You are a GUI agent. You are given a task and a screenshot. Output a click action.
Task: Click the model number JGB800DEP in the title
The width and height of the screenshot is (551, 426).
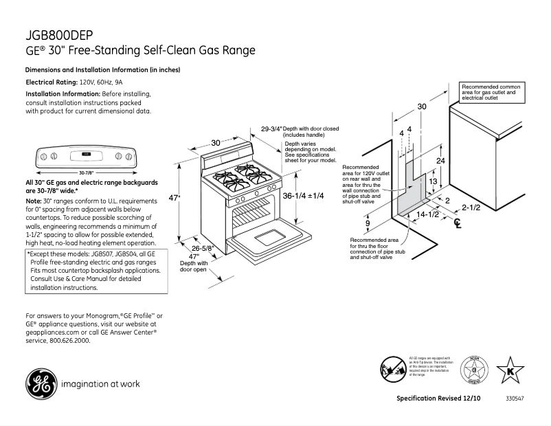(59, 35)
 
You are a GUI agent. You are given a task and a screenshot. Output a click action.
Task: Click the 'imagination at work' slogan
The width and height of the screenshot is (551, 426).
(100, 384)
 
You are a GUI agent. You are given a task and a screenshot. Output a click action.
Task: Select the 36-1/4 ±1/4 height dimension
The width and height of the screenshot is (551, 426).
(303, 196)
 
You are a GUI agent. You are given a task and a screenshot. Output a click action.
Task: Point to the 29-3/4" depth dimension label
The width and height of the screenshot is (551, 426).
(271, 128)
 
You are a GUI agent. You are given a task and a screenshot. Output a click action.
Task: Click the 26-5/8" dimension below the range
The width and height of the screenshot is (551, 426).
(203, 247)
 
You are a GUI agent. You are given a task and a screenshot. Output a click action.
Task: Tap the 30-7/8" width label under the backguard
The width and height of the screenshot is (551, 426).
(85, 172)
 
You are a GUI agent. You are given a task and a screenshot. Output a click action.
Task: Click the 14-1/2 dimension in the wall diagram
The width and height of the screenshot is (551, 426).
(427, 214)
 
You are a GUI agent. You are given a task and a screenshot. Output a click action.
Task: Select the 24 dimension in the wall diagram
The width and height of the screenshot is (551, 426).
(441, 160)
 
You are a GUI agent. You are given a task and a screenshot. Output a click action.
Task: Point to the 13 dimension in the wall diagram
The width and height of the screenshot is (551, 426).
(433, 181)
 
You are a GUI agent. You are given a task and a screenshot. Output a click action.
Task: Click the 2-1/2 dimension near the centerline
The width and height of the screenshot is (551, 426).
(471, 207)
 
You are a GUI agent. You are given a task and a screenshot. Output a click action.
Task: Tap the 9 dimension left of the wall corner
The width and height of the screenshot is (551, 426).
(368, 223)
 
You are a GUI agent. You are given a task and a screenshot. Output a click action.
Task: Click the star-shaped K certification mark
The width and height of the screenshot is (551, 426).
(509, 370)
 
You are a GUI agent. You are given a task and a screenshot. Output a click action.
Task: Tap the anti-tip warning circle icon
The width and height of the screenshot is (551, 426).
(394, 370)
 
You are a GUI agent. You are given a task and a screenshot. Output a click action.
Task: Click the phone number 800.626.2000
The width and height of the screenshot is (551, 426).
(67, 339)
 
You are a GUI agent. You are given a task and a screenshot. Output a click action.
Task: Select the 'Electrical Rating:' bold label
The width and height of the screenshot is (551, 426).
(52, 82)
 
